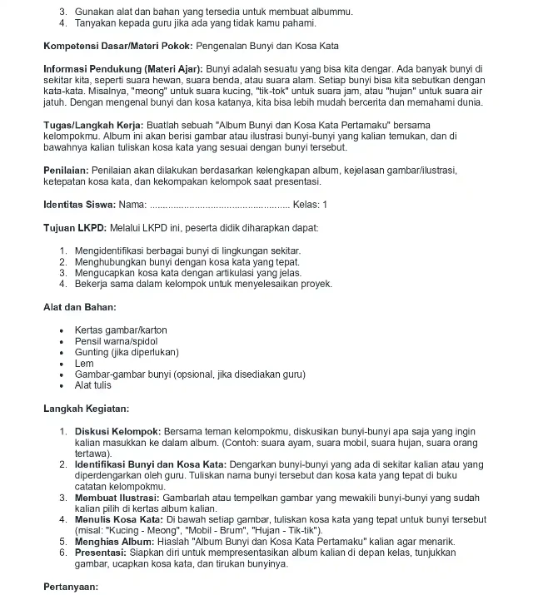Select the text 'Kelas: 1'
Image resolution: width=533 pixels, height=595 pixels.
tap(312, 205)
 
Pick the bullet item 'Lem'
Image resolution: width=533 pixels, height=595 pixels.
tap(84, 364)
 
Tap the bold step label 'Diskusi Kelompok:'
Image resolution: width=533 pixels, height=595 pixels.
tap(117, 432)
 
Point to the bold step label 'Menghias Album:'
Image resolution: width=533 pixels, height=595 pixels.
tap(114, 541)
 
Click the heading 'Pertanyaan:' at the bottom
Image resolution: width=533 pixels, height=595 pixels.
tap(71, 586)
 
